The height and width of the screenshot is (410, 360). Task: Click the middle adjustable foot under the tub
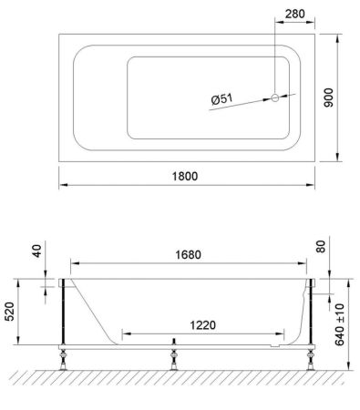tap(173, 356)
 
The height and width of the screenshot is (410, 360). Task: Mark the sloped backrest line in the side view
tap(95, 310)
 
